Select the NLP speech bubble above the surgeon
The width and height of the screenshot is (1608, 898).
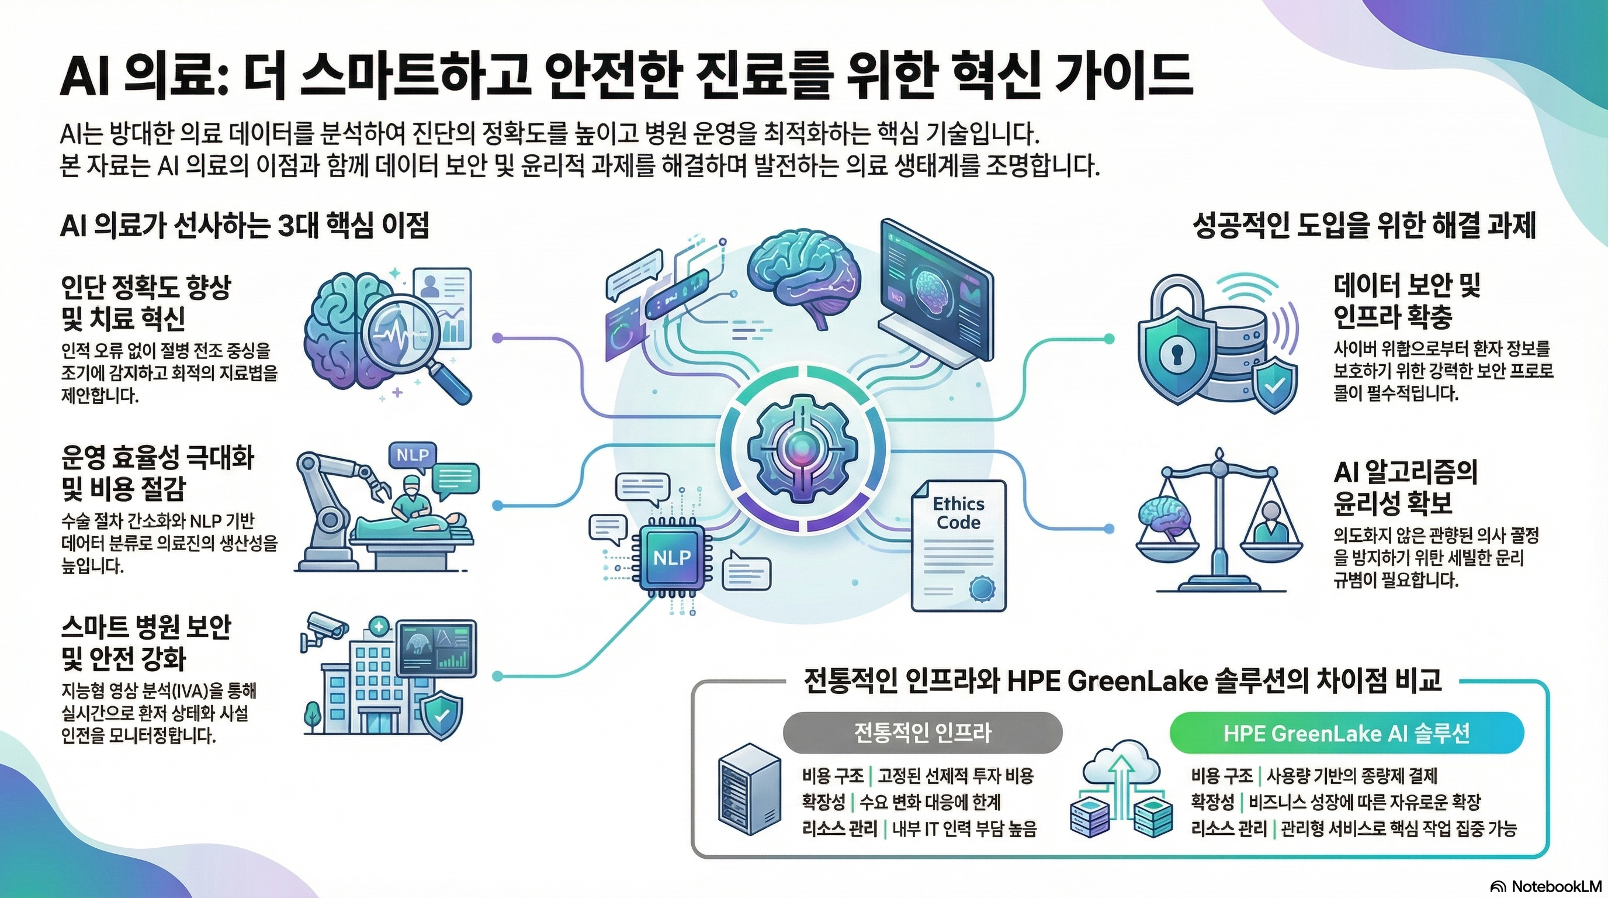(x=412, y=455)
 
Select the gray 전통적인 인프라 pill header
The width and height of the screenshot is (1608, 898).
(x=922, y=733)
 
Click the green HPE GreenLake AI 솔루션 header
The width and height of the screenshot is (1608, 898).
(x=1346, y=733)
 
